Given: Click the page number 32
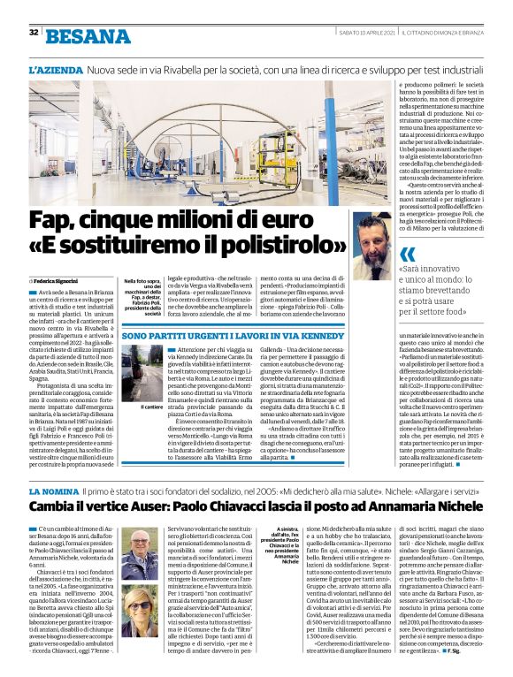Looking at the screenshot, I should point(34,33).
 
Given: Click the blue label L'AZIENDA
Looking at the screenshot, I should point(55,69).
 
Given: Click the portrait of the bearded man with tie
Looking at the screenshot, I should point(371,245).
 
